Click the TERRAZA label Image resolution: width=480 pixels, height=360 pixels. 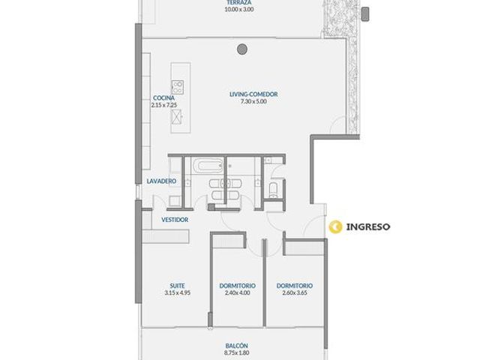239,2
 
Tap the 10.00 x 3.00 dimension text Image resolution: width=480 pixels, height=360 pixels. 239,9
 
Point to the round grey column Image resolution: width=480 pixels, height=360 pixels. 242,49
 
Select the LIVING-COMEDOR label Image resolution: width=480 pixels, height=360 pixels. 253,94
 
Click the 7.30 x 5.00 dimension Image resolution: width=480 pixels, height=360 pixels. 253,102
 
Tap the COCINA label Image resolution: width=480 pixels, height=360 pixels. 163,98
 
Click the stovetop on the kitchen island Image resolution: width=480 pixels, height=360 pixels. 178,87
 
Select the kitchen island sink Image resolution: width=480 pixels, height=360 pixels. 177,117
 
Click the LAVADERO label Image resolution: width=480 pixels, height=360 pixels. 161,181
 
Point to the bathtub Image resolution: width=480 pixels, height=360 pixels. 208,166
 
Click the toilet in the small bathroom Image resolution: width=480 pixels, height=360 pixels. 273,190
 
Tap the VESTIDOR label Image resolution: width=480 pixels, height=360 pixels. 175,220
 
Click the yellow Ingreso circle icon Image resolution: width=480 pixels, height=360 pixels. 335,226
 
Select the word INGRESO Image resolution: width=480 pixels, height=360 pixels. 368,226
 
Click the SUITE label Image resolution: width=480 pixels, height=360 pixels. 177,286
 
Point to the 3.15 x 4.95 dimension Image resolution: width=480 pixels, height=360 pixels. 177,293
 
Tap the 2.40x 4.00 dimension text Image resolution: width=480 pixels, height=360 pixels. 237,293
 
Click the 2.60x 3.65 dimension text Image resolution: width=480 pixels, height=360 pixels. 295,293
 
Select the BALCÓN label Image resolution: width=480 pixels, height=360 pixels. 237,346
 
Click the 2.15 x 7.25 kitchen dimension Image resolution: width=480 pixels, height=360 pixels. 163,105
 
